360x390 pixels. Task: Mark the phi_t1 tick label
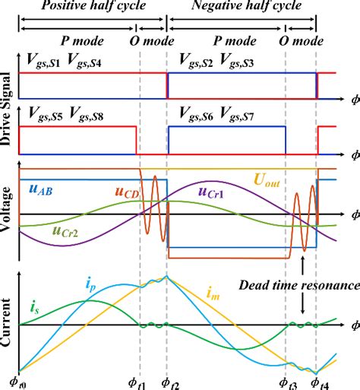click(x=140, y=378)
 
